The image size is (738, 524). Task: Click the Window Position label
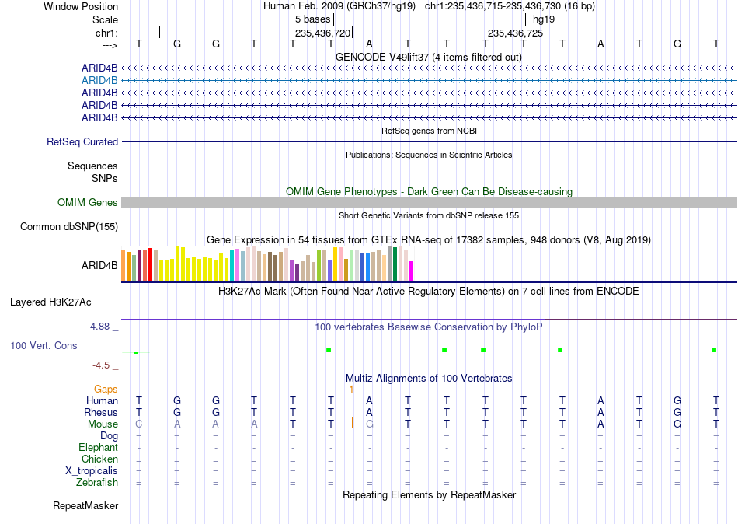coord(81,6)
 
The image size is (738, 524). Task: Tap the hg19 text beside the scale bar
coord(544,19)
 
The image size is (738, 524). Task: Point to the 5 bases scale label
coord(312,19)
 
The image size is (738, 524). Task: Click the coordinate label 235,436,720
coord(323,33)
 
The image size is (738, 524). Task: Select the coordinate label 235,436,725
coord(515,33)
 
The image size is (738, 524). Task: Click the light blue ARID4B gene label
coord(99,81)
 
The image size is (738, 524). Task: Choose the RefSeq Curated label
coord(82,141)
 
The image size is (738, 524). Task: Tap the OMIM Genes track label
coord(88,203)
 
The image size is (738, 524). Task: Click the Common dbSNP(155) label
coord(69,227)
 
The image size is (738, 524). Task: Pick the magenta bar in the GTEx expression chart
coord(412,271)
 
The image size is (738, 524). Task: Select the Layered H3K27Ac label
coord(50,302)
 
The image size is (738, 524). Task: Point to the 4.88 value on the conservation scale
coord(99,327)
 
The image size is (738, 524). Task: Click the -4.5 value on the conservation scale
coord(101,365)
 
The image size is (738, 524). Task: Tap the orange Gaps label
coord(106,390)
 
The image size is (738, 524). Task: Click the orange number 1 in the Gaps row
coord(351,390)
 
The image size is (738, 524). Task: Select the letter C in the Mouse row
coord(139,424)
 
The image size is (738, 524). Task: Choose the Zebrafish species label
coord(97,483)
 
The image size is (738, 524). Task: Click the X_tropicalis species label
coord(92,471)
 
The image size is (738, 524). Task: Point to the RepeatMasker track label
coord(85,506)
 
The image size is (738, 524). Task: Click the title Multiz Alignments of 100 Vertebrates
coord(429,379)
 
